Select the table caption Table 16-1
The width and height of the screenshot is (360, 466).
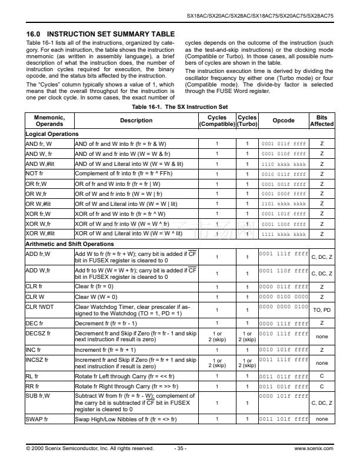[x=179, y=107]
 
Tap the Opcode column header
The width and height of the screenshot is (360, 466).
[x=284, y=121]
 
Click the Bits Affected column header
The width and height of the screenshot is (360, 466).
[x=322, y=121]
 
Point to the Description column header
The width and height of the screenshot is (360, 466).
[x=136, y=121]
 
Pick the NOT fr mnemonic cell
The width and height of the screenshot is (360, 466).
[x=36, y=174]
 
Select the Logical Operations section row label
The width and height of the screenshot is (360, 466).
[x=52, y=134]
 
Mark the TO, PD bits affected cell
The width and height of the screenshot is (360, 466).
[x=322, y=309]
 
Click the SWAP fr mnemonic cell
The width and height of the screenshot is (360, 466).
[x=38, y=419]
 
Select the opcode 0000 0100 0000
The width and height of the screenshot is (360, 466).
[x=284, y=297]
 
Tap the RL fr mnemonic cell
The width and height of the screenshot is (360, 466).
[x=33, y=375]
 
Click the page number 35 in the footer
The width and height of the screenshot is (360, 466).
[x=181, y=448]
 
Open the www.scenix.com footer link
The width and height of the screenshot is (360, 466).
[x=314, y=448]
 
